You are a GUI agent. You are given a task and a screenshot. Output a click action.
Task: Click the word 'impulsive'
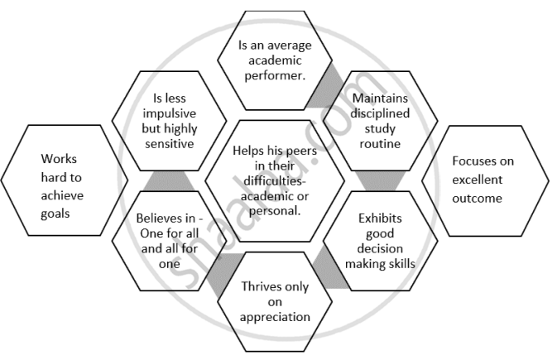coord(169,113)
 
